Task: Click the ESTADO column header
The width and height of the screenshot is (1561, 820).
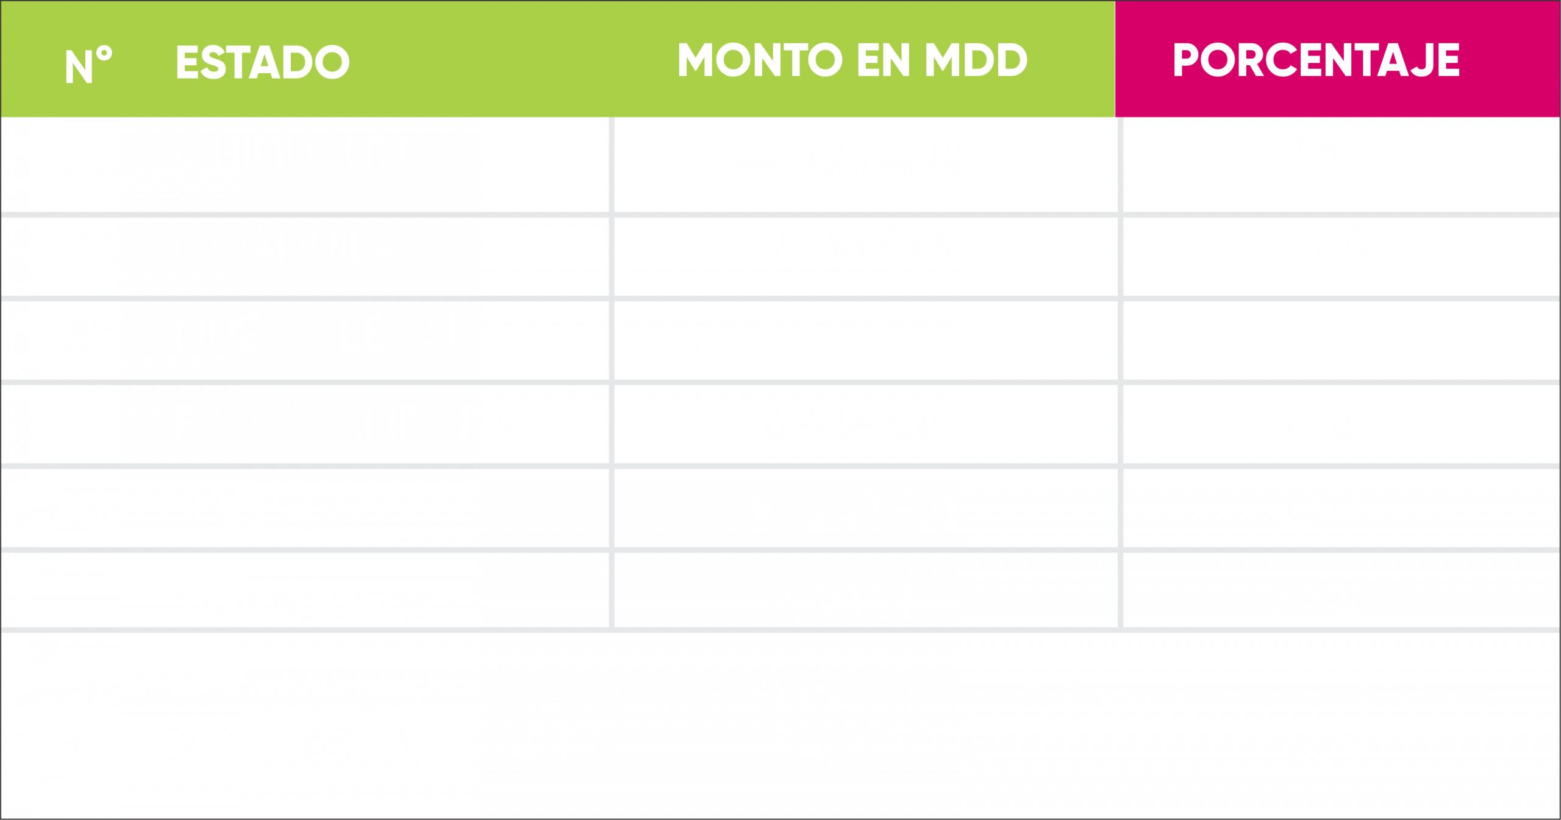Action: click(x=262, y=62)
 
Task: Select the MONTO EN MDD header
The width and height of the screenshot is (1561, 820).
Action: click(x=852, y=60)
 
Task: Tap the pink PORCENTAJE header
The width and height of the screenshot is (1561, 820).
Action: click(x=1316, y=60)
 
